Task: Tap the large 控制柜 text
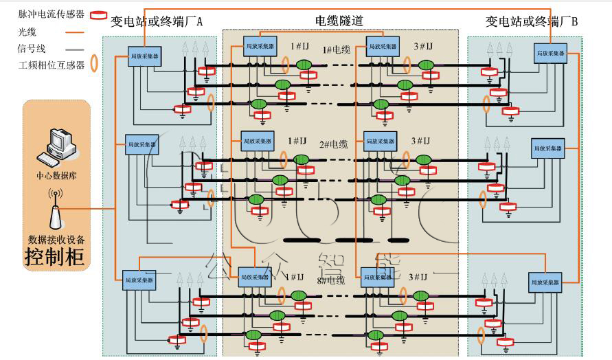[54, 257]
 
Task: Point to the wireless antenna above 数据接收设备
[56, 212]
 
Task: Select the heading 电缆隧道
[339, 21]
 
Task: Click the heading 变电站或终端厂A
[157, 21]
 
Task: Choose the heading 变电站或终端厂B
[532, 21]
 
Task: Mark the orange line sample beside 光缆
[75, 32]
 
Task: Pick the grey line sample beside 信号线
[75, 49]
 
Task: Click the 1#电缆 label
[337, 49]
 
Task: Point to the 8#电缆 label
[331, 280]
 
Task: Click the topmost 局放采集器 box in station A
[145, 56]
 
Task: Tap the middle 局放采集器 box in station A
[141, 145]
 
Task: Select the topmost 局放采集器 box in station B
[549, 52]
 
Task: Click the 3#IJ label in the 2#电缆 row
[420, 141]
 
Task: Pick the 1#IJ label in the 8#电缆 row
[293, 277]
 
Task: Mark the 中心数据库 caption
[56, 175]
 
